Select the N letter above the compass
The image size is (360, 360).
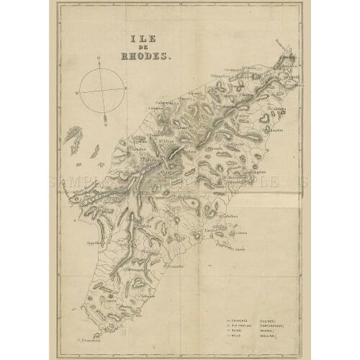click(96, 57)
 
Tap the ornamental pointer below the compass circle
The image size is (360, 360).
click(105, 116)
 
